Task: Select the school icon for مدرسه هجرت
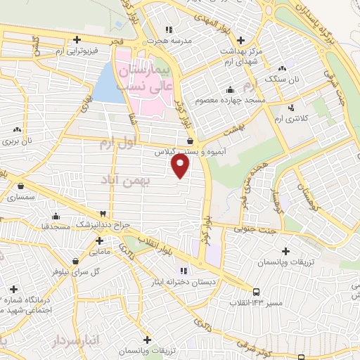pyautogui.click(x=168, y=30)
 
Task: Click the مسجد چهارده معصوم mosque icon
pyautogui.click(x=230, y=90)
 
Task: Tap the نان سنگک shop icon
pyautogui.click(x=281, y=69)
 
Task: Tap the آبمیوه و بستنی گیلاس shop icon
pyautogui.click(x=191, y=141)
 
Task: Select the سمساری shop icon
pyautogui.click(x=20, y=187)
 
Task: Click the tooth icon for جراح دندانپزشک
pyautogui.click(x=103, y=213)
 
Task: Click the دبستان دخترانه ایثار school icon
pyautogui.click(x=184, y=271)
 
